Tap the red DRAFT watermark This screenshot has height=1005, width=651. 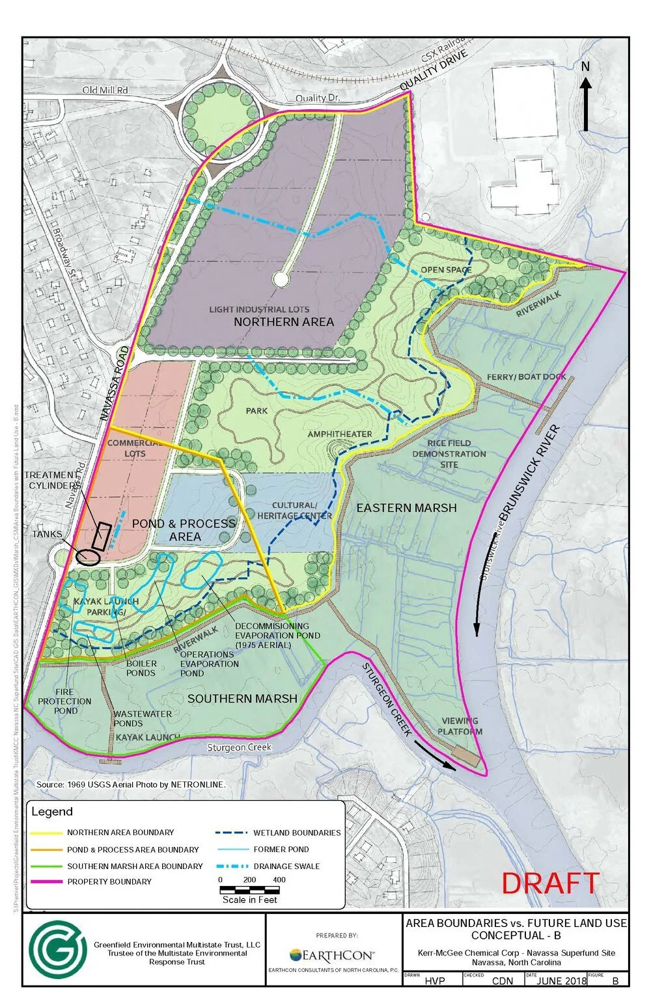550,883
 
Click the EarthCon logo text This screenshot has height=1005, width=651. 332,955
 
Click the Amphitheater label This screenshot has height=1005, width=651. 340,434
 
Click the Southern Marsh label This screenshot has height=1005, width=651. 242,698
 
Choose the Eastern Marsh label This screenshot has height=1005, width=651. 406,507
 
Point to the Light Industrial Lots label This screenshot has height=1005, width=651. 259,310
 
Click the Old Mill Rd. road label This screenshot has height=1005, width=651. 105,90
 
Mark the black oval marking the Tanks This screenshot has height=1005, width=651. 87,556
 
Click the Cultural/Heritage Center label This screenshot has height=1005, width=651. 294,511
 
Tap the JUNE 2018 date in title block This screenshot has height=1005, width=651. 561,981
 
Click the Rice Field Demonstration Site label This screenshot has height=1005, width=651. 449,453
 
